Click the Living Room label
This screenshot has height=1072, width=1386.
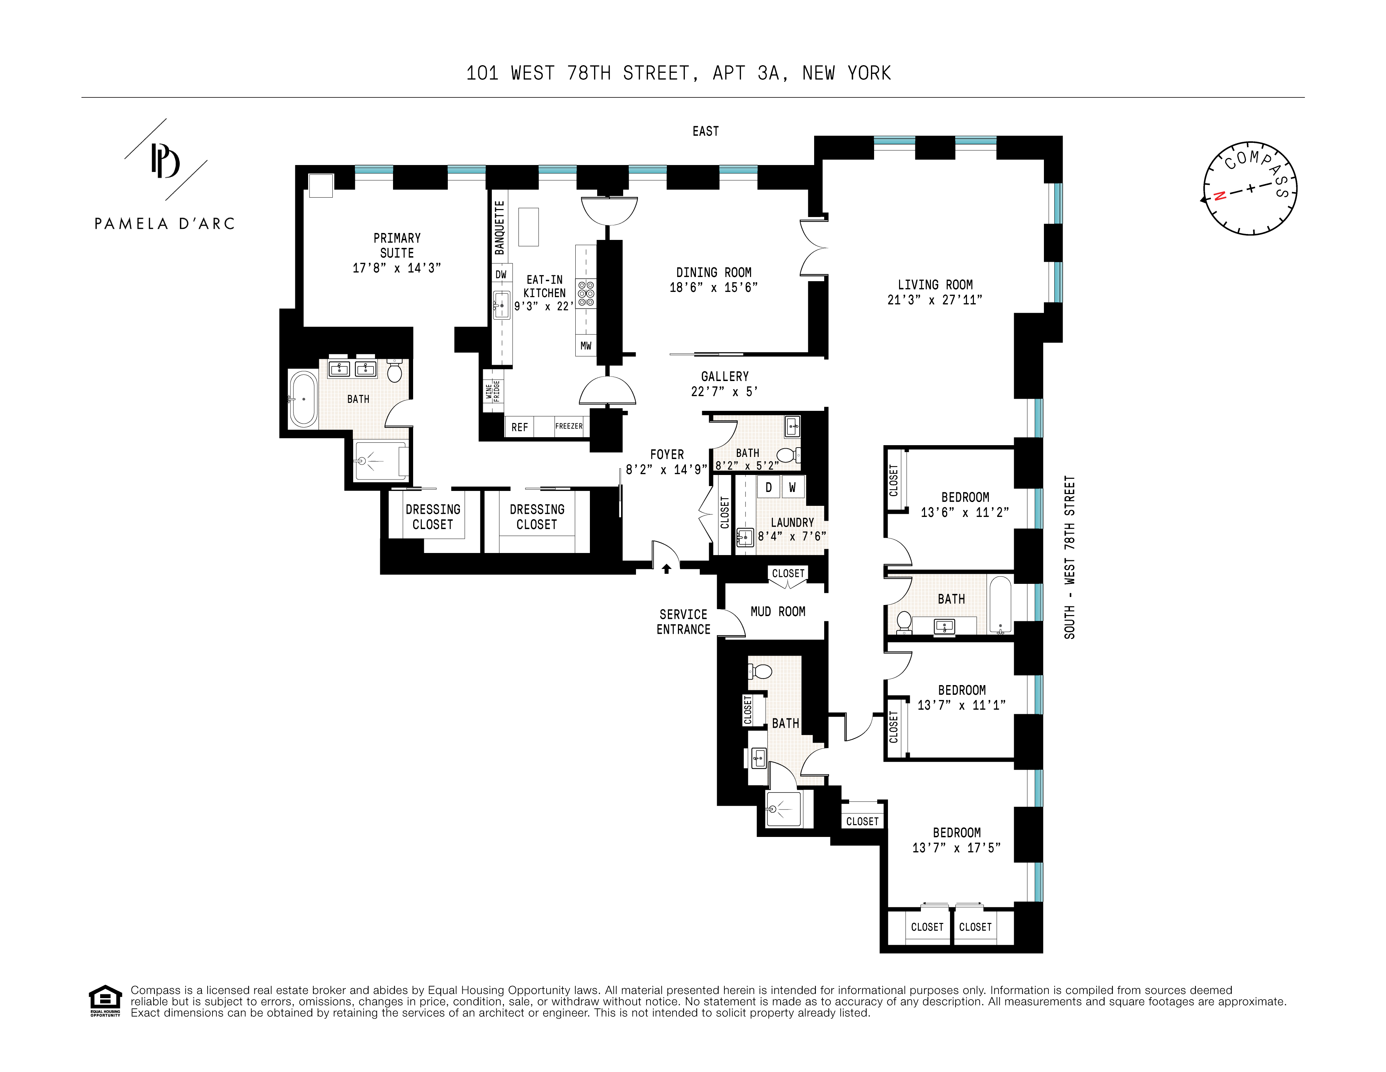935,285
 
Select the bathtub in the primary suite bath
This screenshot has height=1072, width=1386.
303,399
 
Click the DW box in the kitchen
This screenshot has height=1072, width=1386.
501,274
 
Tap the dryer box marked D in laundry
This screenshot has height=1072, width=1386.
768,487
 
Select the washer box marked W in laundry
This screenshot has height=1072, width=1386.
792,487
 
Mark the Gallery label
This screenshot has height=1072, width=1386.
725,377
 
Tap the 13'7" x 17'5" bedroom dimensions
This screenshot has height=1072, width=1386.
956,848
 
